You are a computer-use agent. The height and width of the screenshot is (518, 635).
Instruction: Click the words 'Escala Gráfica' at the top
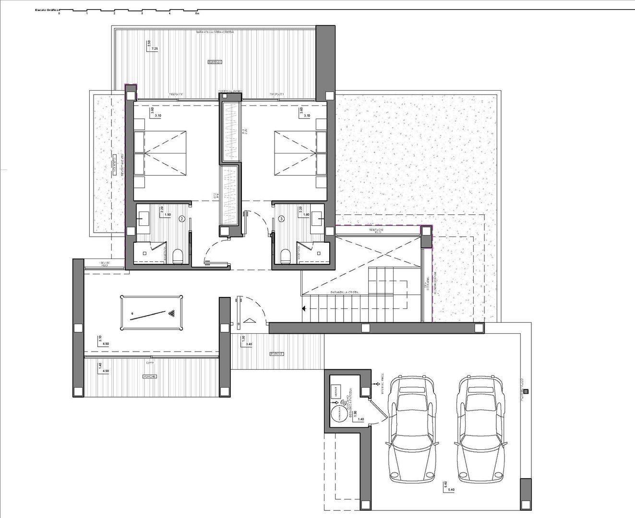[x=47, y=9]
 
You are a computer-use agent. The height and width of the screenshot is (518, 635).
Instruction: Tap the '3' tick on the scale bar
[x=142, y=13]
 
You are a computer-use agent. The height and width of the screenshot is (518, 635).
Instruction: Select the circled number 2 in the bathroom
[x=182, y=219]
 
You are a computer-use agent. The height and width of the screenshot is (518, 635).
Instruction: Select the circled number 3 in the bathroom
[x=281, y=219]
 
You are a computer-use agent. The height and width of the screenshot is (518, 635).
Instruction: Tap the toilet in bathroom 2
[x=177, y=256]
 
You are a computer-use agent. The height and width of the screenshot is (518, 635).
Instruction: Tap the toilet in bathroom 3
[x=285, y=256]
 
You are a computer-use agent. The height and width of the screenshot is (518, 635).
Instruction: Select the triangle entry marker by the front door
[x=249, y=320]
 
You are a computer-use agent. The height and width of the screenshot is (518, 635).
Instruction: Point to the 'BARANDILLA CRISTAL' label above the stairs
[x=344, y=292]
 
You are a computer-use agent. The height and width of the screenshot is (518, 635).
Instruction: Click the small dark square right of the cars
[x=526, y=392]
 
